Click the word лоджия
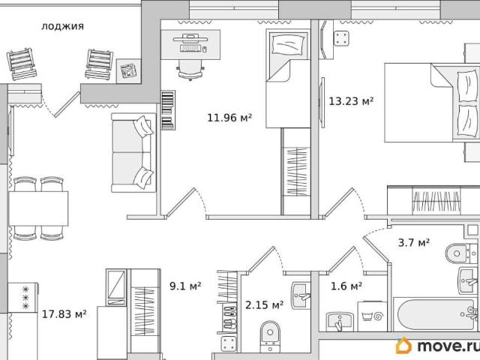62,26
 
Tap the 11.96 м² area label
229,118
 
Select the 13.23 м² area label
351,101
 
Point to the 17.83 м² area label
64,313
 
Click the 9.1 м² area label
185,286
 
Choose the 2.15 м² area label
265,305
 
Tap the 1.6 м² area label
346,286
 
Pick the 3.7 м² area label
414,242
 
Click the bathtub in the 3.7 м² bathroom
436,315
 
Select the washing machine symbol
372,316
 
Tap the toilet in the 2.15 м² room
270,336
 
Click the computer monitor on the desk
190,39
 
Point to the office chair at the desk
190,70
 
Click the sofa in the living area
133,152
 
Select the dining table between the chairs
38,208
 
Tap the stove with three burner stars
23,297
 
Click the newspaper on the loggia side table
128,70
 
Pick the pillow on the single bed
288,44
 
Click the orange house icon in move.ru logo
403,346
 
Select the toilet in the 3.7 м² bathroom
457,253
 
